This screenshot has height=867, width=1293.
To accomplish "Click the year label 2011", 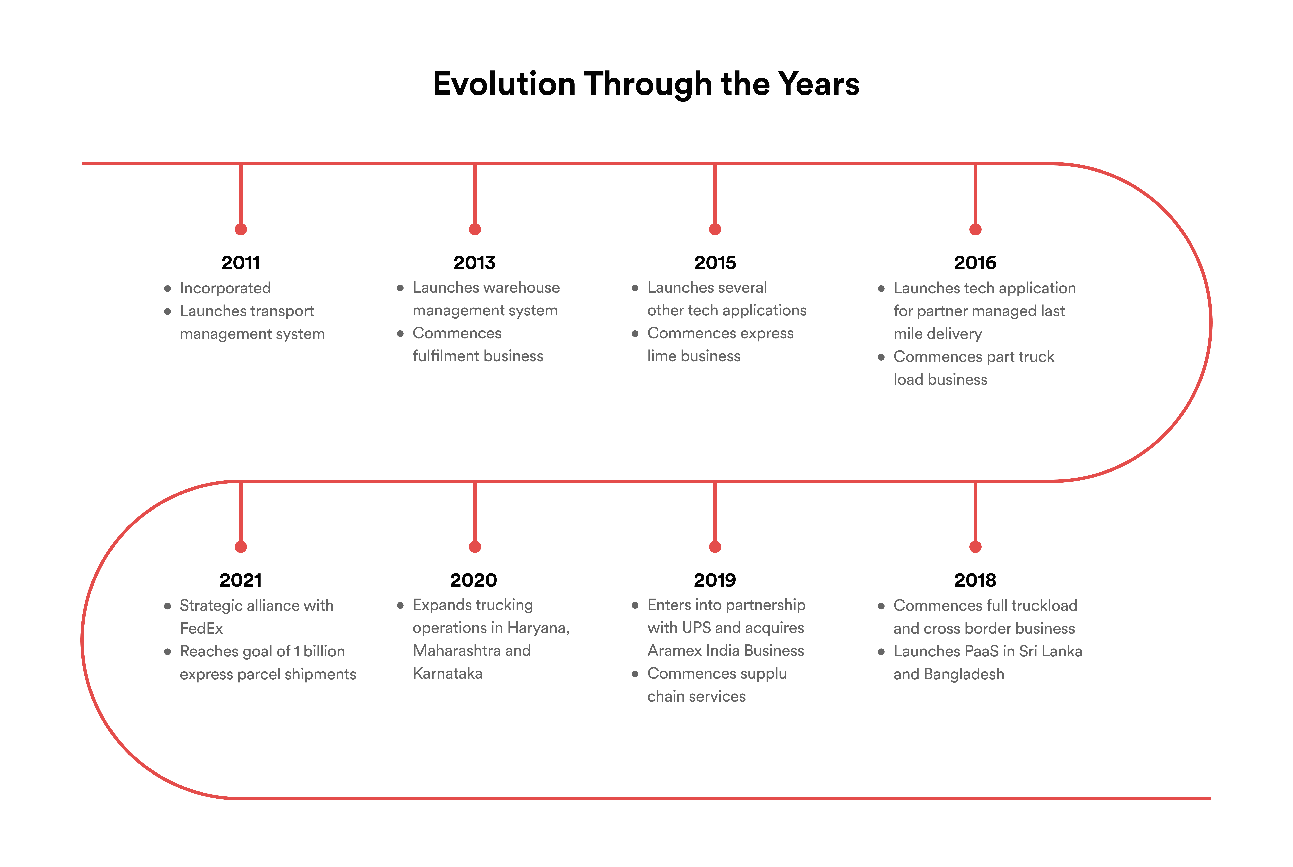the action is [x=241, y=263].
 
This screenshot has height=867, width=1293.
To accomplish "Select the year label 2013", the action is [x=474, y=263].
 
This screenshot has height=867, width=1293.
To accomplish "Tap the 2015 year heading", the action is [x=715, y=263].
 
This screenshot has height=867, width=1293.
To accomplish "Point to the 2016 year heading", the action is [x=975, y=263].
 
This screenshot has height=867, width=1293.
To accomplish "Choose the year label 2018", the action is [x=975, y=580].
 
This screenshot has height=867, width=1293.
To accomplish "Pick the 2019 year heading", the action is [x=715, y=580].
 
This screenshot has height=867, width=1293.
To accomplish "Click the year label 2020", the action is [x=473, y=580].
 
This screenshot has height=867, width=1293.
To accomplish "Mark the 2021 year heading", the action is [x=241, y=580].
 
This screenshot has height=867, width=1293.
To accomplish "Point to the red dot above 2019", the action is [x=715, y=547].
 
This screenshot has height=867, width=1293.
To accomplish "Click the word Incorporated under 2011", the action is [x=225, y=288].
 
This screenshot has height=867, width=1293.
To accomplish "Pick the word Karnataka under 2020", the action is [x=447, y=673].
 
